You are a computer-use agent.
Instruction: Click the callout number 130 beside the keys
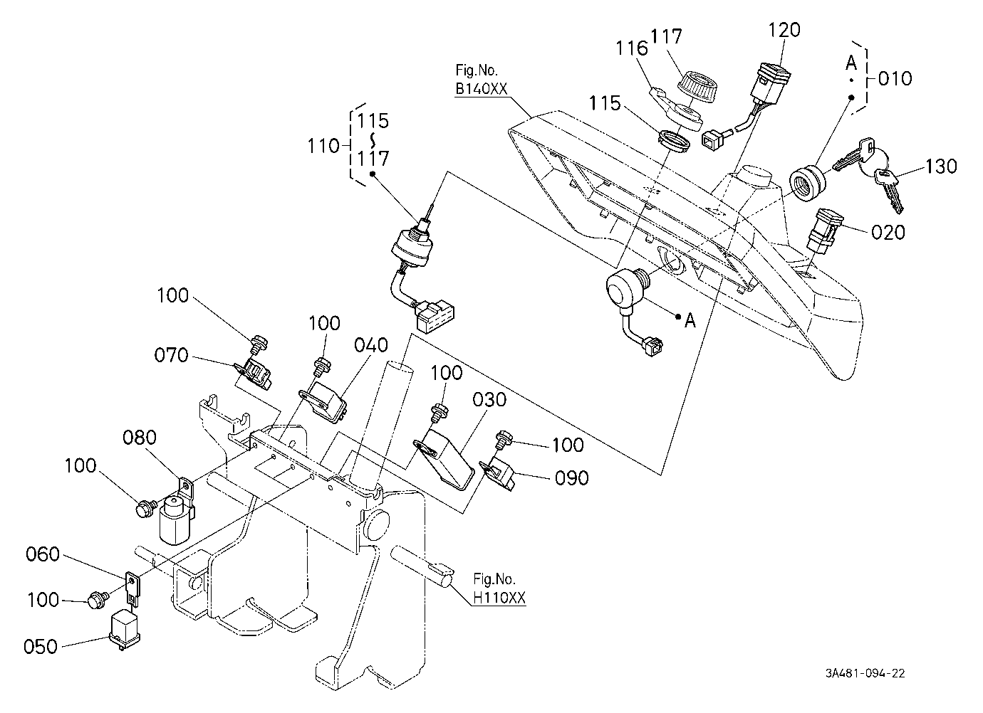(x=941, y=167)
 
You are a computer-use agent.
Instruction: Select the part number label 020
(x=888, y=233)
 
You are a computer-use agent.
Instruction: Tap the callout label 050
(x=41, y=647)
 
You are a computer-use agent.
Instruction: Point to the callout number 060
(x=43, y=554)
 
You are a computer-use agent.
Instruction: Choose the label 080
(x=140, y=437)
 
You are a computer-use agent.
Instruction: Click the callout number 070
(x=171, y=355)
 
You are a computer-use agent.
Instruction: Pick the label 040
(x=371, y=345)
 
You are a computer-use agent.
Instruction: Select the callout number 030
(x=489, y=399)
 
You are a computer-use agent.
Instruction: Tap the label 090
(x=572, y=478)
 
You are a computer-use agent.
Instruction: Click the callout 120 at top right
(x=784, y=30)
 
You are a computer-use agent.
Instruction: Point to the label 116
(x=632, y=48)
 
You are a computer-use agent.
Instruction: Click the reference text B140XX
(x=482, y=88)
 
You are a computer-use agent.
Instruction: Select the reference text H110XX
(x=499, y=598)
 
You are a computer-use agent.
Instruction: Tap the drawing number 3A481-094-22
(x=865, y=673)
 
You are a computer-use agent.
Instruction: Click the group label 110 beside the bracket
(x=324, y=146)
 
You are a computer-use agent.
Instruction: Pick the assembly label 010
(x=895, y=78)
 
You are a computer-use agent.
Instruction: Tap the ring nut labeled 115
(x=675, y=141)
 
